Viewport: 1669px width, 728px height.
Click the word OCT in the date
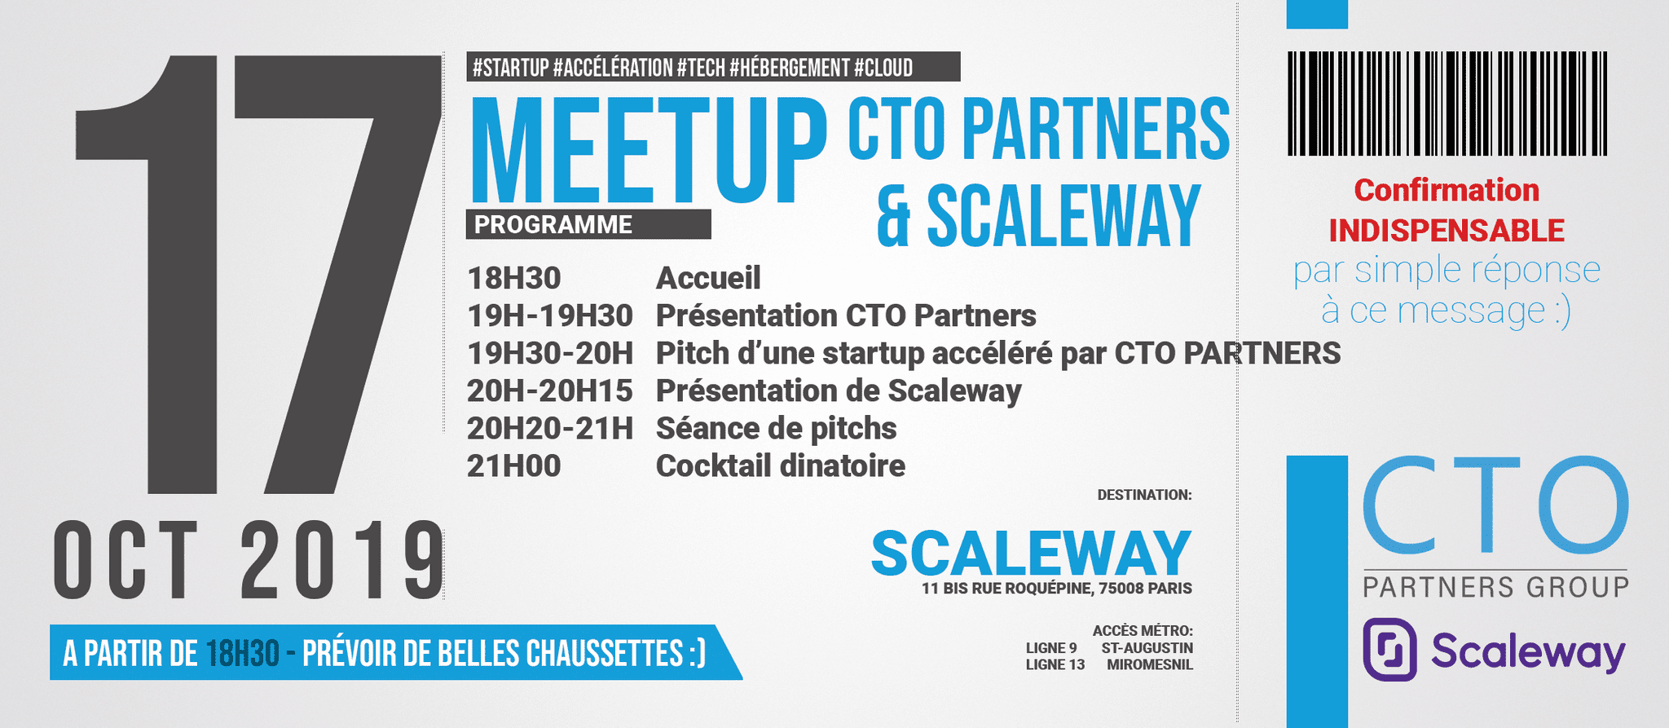pyautogui.click(x=126, y=560)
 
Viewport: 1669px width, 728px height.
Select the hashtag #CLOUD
pyautogui.click(x=883, y=68)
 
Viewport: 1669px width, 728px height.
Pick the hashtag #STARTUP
pyautogui.click(x=511, y=68)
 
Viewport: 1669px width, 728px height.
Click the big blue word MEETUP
pyautogui.click(x=649, y=150)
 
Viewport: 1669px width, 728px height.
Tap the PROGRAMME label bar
pyautogui.click(x=588, y=224)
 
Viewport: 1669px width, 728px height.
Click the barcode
pyautogui.click(x=1447, y=104)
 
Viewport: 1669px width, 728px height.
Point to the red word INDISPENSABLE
pyautogui.click(x=1447, y=231)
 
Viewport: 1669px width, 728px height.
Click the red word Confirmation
pyautogui.click(x=1447, y=191)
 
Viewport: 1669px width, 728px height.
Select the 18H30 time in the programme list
pyautogui.click(x=514, y=278)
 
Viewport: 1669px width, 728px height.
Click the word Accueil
pyautogui.click(x=708, y=278)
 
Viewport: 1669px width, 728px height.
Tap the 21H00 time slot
pyautogui.click(x=514, y=466)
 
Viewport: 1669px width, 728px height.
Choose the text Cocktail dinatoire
pyautogui.click(x=781, y=466)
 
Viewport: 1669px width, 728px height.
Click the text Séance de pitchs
pyautogui.click(x=777, y=429)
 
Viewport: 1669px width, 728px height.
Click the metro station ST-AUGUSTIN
pyautogui.click(x=1147, y=648)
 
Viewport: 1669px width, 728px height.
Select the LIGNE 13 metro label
pyautogui.click(x=1055, y=665)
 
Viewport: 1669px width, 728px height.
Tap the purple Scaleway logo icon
pyautogui.click(x=1390, y=650)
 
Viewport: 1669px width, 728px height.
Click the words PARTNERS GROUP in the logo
pyautogui.click(x=1496, y=587)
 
